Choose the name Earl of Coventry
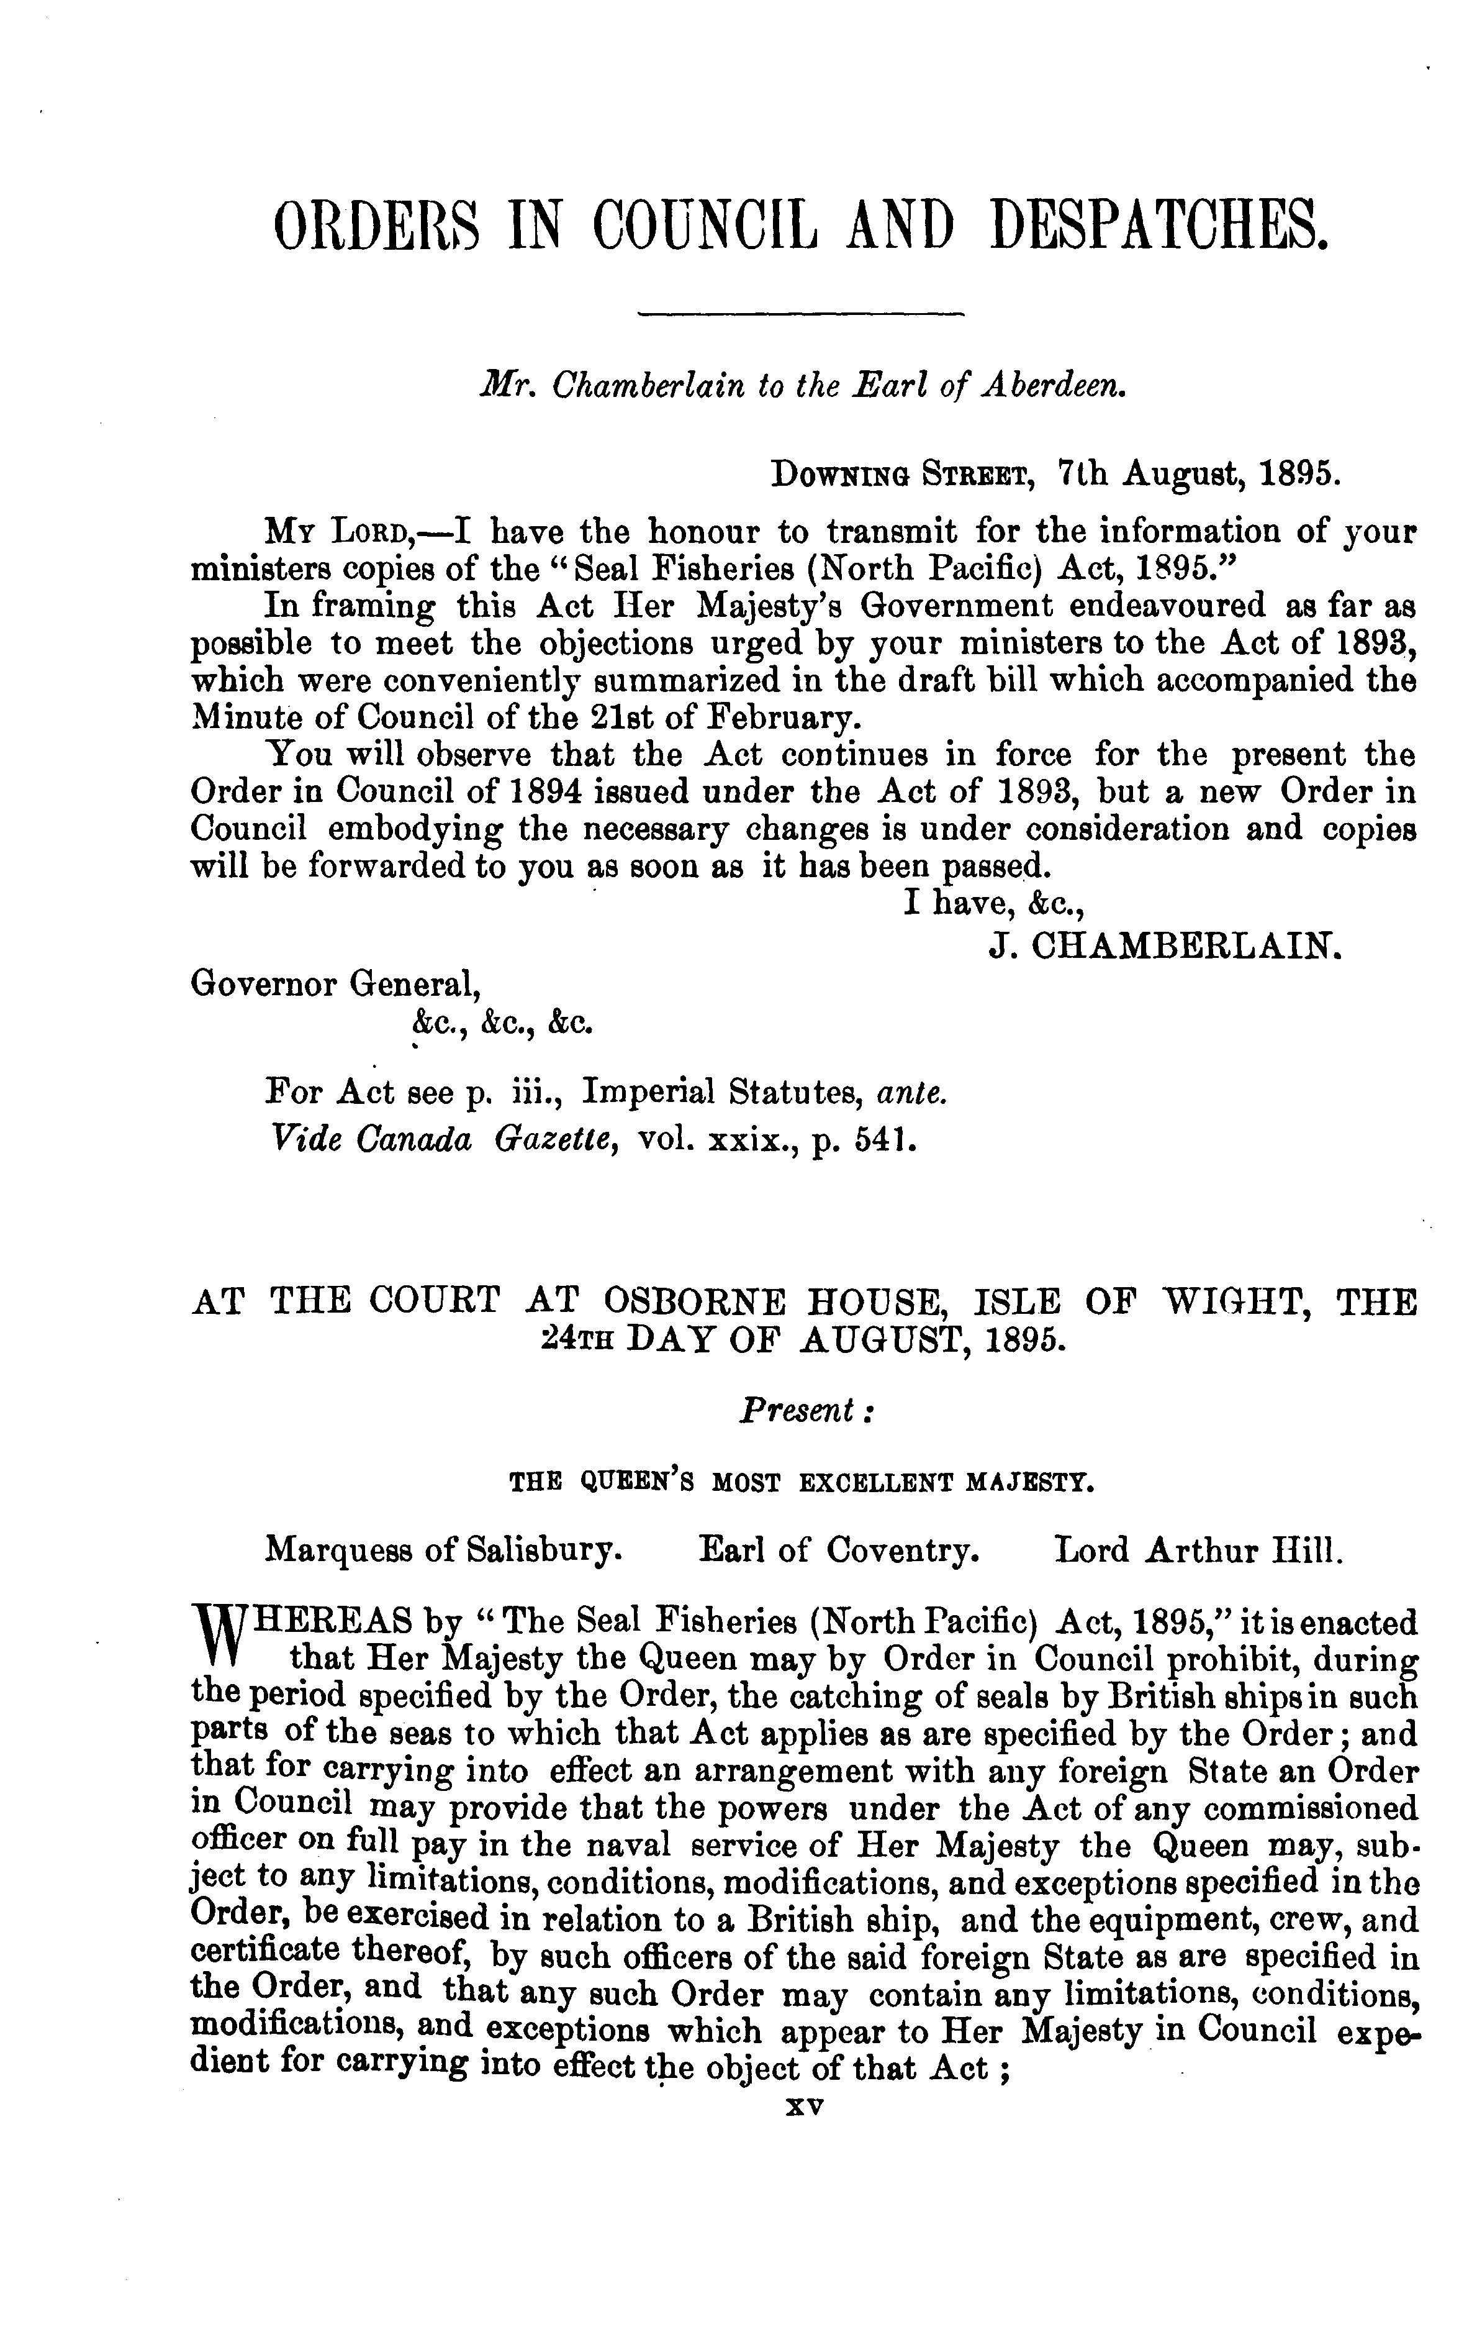coord(839,1549)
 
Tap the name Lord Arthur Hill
coord(1198,1549)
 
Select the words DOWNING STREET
coord(902,474)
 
